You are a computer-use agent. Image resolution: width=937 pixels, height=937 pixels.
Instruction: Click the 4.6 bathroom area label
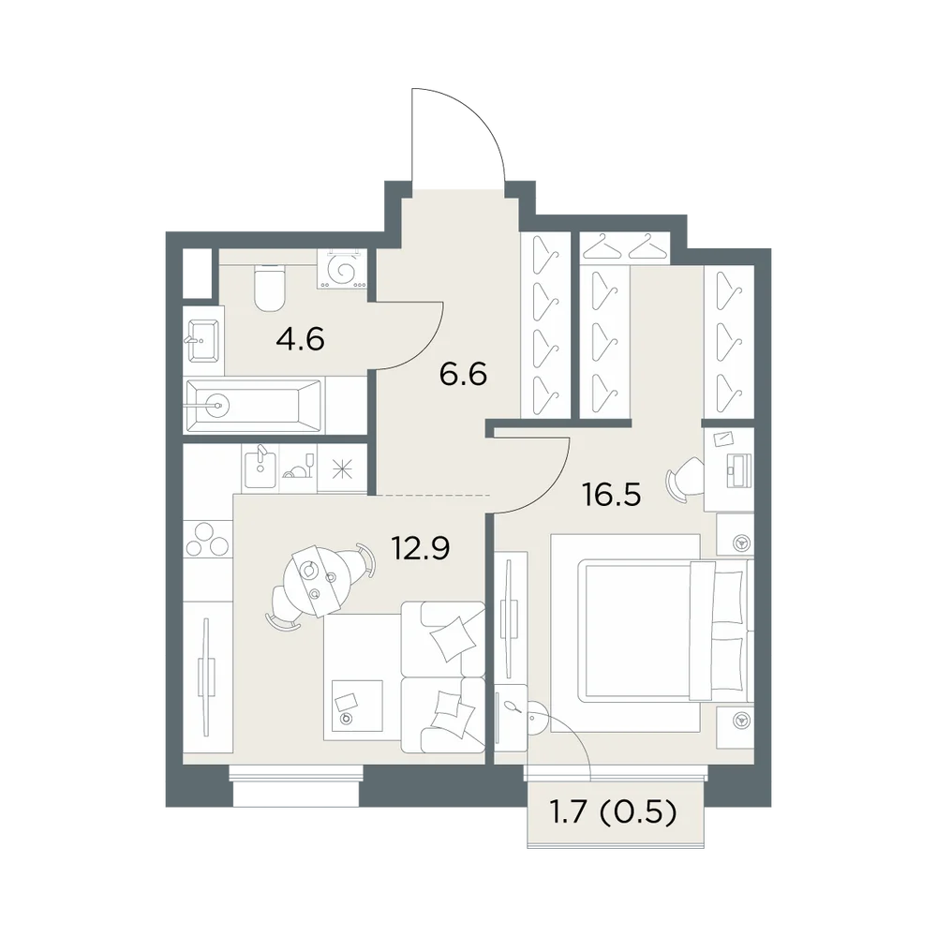click(x=300, y=339)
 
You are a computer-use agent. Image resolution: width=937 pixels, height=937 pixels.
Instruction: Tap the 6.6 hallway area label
click(x=463, y=375)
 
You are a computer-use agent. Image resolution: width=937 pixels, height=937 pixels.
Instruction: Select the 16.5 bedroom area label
click(x=612, y=495)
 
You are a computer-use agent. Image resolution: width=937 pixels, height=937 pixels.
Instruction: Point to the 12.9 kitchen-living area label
click(x=421, y=548)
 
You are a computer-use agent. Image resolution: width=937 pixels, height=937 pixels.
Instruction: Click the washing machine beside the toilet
click(x=342, y=270)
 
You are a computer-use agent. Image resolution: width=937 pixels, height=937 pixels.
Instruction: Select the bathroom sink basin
click(x=203, y=341)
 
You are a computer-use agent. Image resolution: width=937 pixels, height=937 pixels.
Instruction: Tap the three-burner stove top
click(x=207, y=540)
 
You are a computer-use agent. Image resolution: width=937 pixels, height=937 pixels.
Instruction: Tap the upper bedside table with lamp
click(x=735, y=534)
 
